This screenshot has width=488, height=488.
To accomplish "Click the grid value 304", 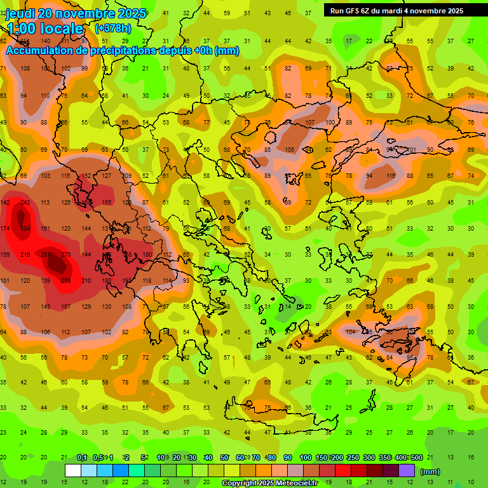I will coord(25,228).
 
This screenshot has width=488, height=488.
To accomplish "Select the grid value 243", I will coord(25,202).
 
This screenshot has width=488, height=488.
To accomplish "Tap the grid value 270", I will coord(66,254).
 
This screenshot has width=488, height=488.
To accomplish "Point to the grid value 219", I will coord(25,254).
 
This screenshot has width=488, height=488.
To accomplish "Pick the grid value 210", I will coord(86,280).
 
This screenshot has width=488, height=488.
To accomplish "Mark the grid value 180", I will coord(147,254).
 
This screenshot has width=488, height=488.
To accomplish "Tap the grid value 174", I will coord(5,228).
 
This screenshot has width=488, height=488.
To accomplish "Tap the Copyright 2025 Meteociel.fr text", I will coord(269,483).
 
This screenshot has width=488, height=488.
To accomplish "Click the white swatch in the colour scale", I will coord(73,471).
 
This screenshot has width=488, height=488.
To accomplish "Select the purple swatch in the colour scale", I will coord(407,471).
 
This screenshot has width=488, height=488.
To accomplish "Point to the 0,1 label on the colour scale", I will coord(82,457).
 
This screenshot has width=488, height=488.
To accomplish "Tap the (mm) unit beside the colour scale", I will coord(430,471).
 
